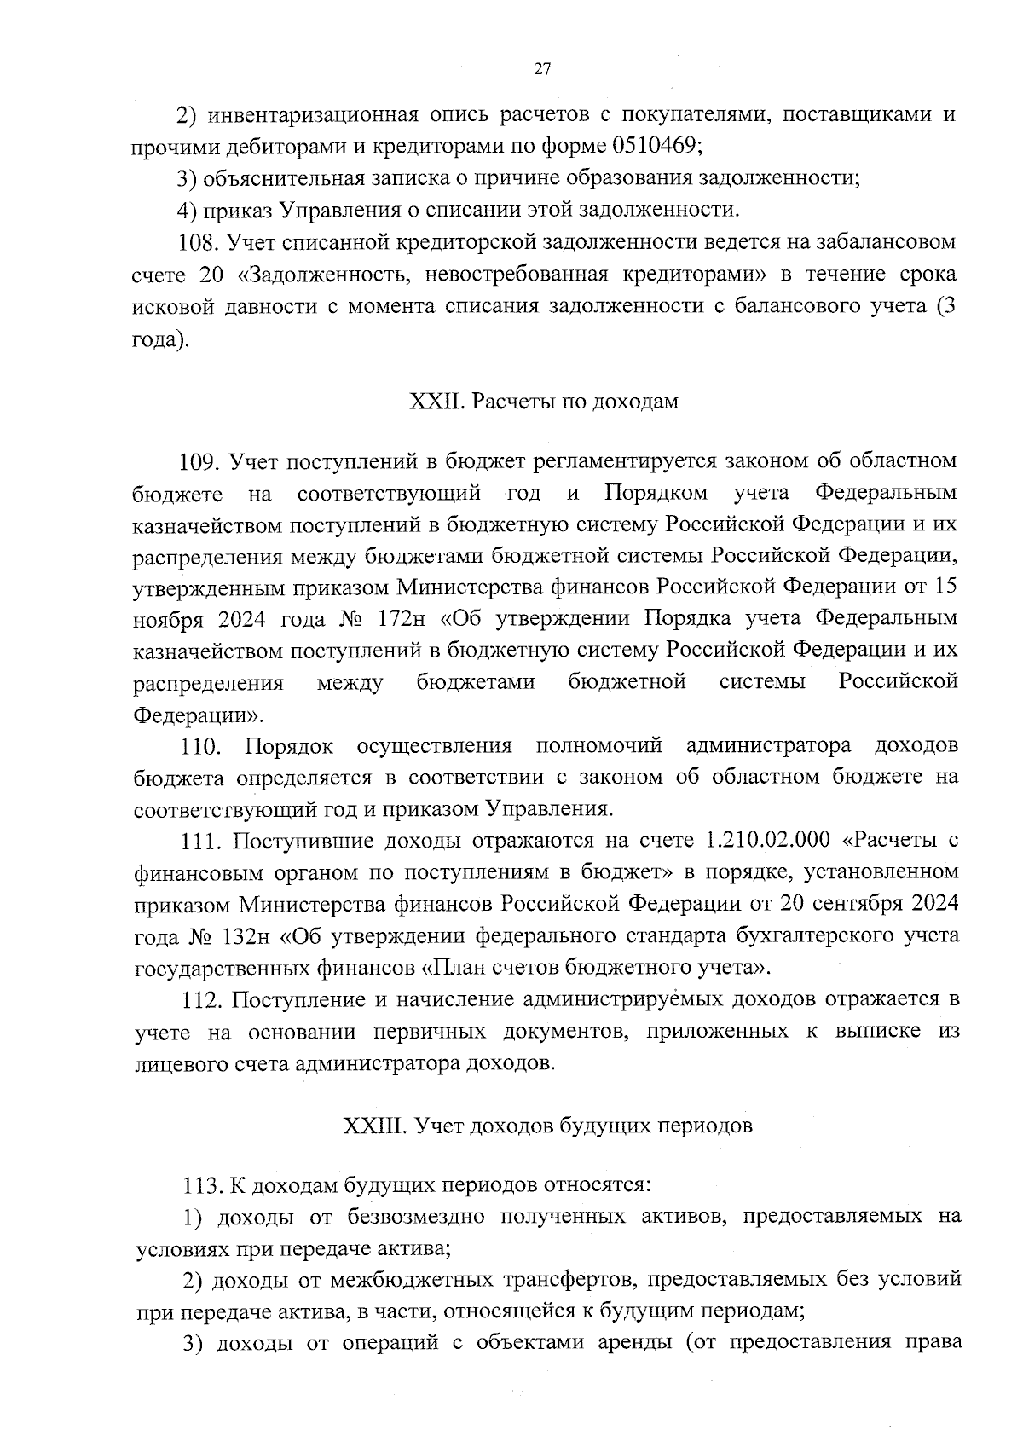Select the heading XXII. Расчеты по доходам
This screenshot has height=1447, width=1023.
pyautogui.click(x=544, y=401)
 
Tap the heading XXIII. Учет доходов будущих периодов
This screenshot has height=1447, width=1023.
pyautogui.click(x=546, y=1126)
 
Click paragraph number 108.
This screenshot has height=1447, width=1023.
pyautogui.click(x=199, y=242)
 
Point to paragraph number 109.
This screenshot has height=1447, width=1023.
pyautogui.click(x=200, y=461)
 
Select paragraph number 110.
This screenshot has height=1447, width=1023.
pyautogui.click(x=201, y=746)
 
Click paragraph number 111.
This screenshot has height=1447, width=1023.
pyautogui.click(x=200, y=841)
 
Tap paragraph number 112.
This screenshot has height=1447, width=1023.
pyautogui.click(x=202, y=999)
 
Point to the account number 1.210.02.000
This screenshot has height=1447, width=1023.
pyautogui.click(x=766, y=841)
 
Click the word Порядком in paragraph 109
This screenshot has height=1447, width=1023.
pyautogui.click(x=656, y=493)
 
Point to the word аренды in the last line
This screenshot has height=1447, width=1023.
pyautogui.click(x=632, y=1343)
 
